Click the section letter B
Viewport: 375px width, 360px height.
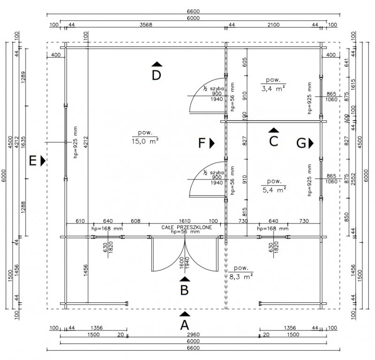[185, 290]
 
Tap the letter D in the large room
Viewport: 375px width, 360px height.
[157, 75]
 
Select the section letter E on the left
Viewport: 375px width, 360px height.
[33, 161]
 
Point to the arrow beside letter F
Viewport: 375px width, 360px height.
[212, 143]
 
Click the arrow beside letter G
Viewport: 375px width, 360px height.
[311, 143]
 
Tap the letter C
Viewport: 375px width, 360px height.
[274, 140]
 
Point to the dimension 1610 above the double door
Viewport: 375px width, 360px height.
[185, 221]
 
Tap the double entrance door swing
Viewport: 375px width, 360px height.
[185, 258]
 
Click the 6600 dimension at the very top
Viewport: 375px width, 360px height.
[193, 11]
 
